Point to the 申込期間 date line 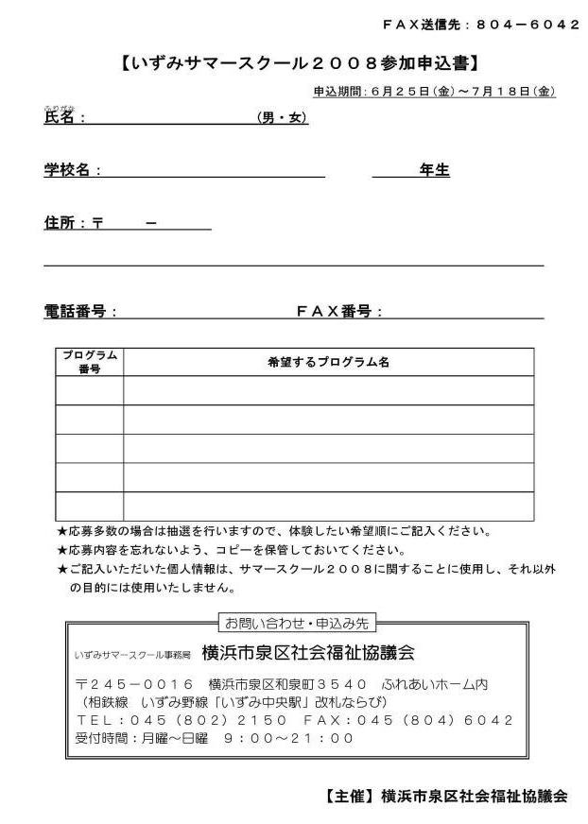click(434, 92)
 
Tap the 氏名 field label click(64, 118)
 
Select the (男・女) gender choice click(283, 118)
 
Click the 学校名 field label click(72, 170)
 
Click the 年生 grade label click(434, 170)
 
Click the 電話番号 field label click(79, 311)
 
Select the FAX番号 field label click(339, 311)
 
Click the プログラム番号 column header click(90, 362)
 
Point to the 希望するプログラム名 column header click(328, 362)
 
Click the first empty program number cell click(90, 390)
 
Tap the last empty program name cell click(328, 506)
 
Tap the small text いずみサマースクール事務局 click(132, 655)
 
